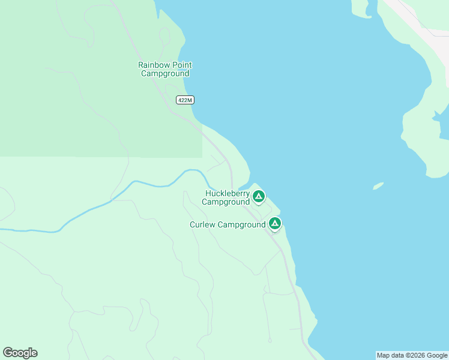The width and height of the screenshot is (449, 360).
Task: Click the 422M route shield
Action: click(x=185, y=100)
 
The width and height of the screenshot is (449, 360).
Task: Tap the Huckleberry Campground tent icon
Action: click(x=259, y=196)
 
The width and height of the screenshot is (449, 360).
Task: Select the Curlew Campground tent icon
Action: click(x=274, y=224)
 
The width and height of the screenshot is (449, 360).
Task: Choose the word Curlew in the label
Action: click(x=203, y=225)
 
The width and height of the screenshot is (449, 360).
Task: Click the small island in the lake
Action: click(x=378, y=186)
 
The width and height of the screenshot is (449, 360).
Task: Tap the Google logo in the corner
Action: click(x=20, y=353)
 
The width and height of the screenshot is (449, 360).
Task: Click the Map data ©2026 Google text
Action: click(x=412, y=356)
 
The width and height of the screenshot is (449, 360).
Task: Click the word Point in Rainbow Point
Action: click(x=179, y=65)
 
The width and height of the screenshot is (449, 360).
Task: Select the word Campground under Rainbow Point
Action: click(x=165, y=74)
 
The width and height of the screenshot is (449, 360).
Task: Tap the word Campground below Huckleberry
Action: click(x=226, y=202)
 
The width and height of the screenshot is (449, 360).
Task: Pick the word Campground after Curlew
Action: click(x=242, y=225)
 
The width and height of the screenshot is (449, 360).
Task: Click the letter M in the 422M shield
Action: click(x=191, y=100)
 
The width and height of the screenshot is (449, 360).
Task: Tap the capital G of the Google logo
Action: click(x=8, y=353)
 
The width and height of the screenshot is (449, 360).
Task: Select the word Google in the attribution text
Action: click(x=437, y=356)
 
